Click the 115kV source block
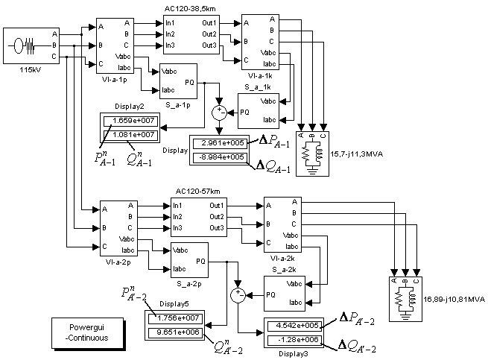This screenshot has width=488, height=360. tap(31, 45)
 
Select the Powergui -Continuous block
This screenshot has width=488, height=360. tap(88, 333)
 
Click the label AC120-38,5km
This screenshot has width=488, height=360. tap(190, 9)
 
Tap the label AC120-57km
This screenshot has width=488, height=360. tap(197, 192)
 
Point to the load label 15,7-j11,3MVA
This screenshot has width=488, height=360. tap(357, 154)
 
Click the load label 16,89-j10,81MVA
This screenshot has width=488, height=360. tap(454, 300)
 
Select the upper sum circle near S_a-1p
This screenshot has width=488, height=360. tap(219, 113)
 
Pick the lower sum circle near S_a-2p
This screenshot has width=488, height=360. tap(238, 295)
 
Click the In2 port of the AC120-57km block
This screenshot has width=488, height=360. tap(177, 217)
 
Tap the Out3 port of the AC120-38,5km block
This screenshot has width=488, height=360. tap(209, 45)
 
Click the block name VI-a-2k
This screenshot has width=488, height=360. tap(282, 259)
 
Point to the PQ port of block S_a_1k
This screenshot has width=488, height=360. tap(244, 113)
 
